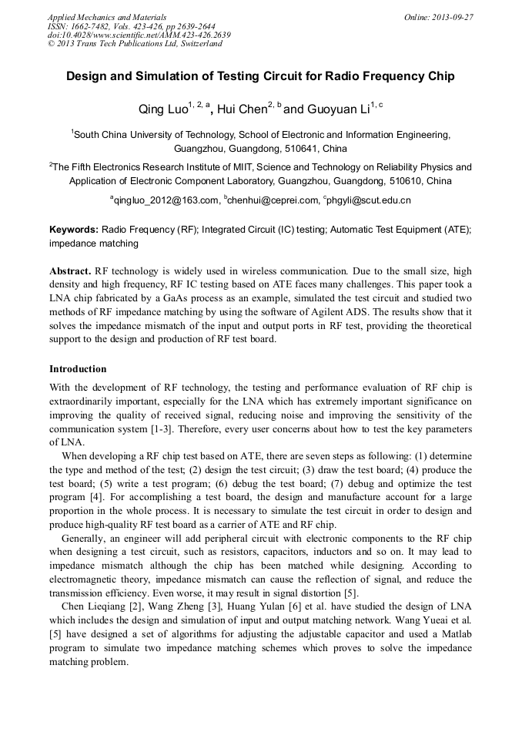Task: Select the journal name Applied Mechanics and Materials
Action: pyautogui.click(x=107, y=17)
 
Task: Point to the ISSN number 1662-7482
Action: pyautogui.click(x=93, y=26)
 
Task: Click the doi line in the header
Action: pyautogui.click(x=139, y=35)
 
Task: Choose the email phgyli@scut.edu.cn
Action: pyautogui.click(x=369, y=200)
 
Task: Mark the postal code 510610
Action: pyautogui.click(x=399, y=182)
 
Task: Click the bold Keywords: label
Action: pyautogui.click(x=73, y=230)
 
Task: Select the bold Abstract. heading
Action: pyautogui.click(x=70, y=272)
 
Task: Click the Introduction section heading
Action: pyautogui.click(x=78, y=369)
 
